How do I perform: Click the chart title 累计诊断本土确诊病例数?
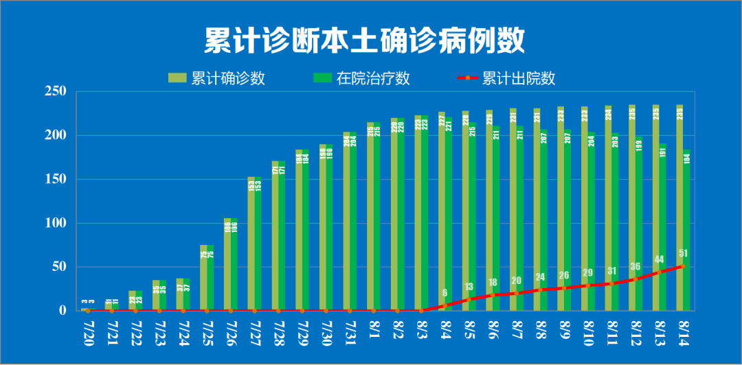click(364, 41)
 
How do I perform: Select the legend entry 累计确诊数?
click(218, 78)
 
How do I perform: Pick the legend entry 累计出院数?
click(507, 78)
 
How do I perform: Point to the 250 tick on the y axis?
click(55, 91)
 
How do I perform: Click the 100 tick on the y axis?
click(55, 223)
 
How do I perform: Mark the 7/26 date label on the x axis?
click(231, 332)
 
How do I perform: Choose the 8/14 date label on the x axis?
click(684, 332)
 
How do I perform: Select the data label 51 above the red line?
click(683, 253)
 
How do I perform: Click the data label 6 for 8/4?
click(445, 292)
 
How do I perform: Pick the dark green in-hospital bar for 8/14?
click(686, 220)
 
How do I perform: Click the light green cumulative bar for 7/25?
click(203, 278)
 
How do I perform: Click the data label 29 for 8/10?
click(588, 272)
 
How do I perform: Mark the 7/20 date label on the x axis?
click(88, 332)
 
